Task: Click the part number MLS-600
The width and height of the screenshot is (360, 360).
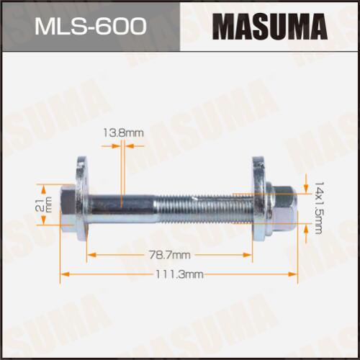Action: coord(91,26)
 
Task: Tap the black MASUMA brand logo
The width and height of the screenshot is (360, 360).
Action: coord(270,27)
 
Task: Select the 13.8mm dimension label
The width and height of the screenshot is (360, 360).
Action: coord(123,132)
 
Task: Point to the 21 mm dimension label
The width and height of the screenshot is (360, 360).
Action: coord(44,204)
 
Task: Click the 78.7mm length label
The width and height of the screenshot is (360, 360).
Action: coord(170,255)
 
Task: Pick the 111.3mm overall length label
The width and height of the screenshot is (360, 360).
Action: coord(179,274)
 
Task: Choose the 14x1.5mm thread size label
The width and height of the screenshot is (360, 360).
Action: coord(319,208)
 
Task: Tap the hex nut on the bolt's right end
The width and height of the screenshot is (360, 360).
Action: coord(282,207)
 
